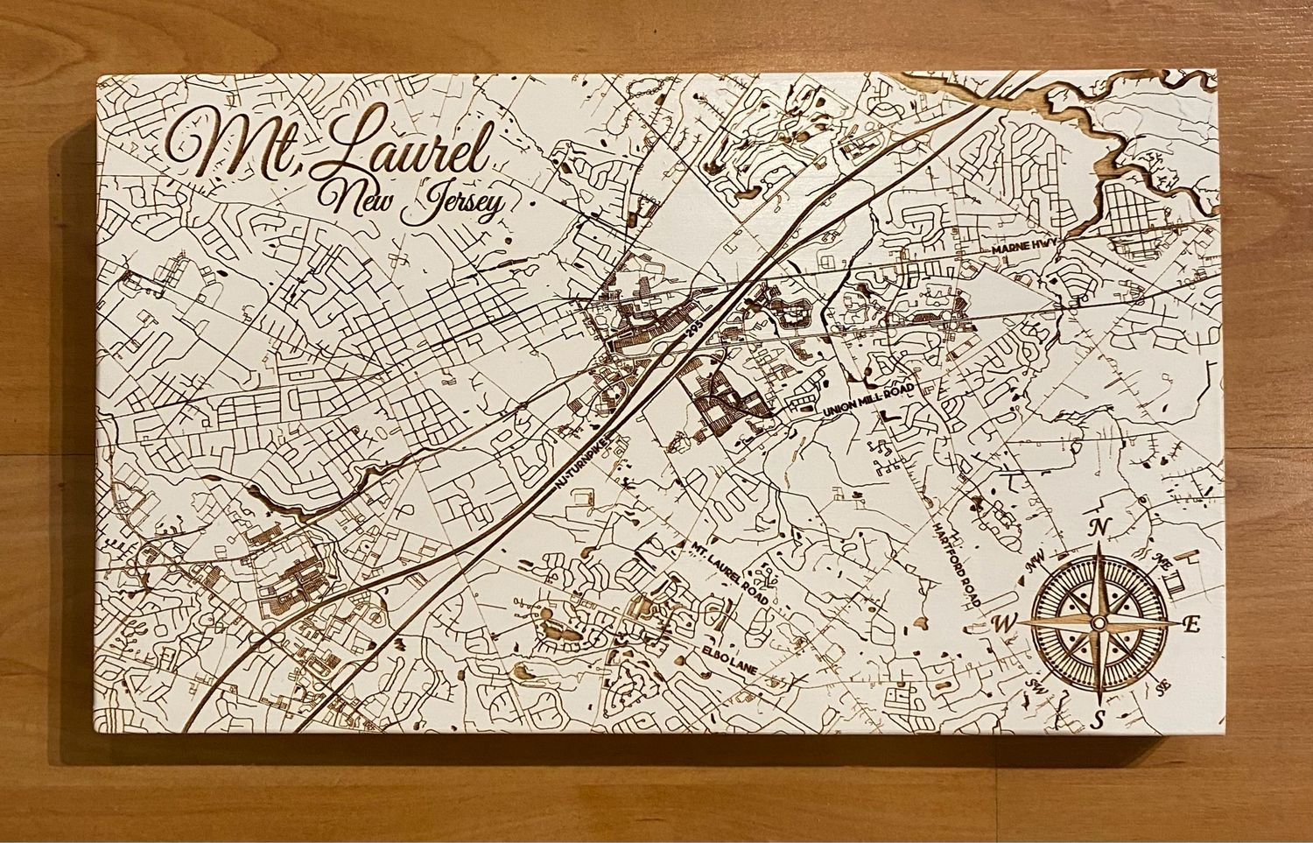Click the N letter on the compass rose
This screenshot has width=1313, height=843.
1098,527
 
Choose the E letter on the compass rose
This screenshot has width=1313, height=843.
1190,624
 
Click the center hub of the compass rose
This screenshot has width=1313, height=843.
1097,622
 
